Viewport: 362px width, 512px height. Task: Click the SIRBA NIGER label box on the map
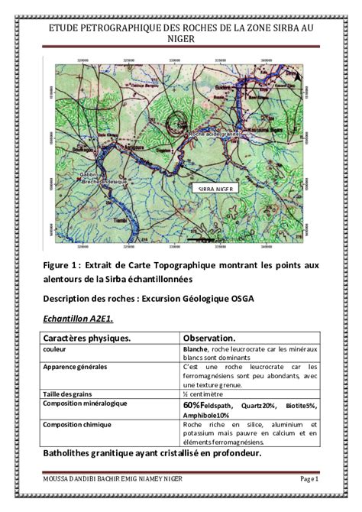coord(218,187)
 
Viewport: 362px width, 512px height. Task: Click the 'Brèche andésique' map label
coord(99,182)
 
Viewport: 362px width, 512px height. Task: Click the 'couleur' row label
coord(56,349)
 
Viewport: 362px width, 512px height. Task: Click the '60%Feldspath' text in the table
coord(206,405)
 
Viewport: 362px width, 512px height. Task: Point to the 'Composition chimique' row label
coord(77,423)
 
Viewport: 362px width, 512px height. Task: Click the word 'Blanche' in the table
coord(196,349)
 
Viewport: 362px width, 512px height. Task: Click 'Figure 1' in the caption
coord(61,264)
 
